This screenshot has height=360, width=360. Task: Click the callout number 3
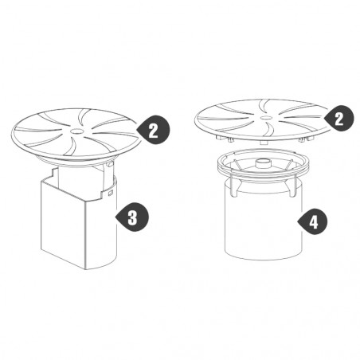tap(132, 217)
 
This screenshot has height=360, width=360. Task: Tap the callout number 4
tap(313, 221)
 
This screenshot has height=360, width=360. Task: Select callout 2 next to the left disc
tap(153, 130)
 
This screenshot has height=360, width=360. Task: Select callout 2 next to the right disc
tap(338, 119)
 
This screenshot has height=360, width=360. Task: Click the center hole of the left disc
tap(76, 131)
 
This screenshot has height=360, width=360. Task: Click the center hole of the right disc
tap(264, 117)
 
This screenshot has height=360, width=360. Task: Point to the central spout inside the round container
tap(263, 163)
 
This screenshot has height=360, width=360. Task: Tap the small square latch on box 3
tap(111, 191)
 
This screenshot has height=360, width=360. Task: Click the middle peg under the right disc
tap(263, 143)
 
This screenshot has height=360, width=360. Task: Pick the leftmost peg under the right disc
tap(219, 136)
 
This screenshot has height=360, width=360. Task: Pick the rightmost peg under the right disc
tap(310, 139)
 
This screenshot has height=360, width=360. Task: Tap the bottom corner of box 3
tap(85, 269)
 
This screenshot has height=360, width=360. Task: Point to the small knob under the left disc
tap(109, 165)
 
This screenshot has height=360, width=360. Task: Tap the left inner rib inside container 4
tap(237, 164)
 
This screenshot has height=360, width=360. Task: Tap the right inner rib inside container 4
tap(289, 164)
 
